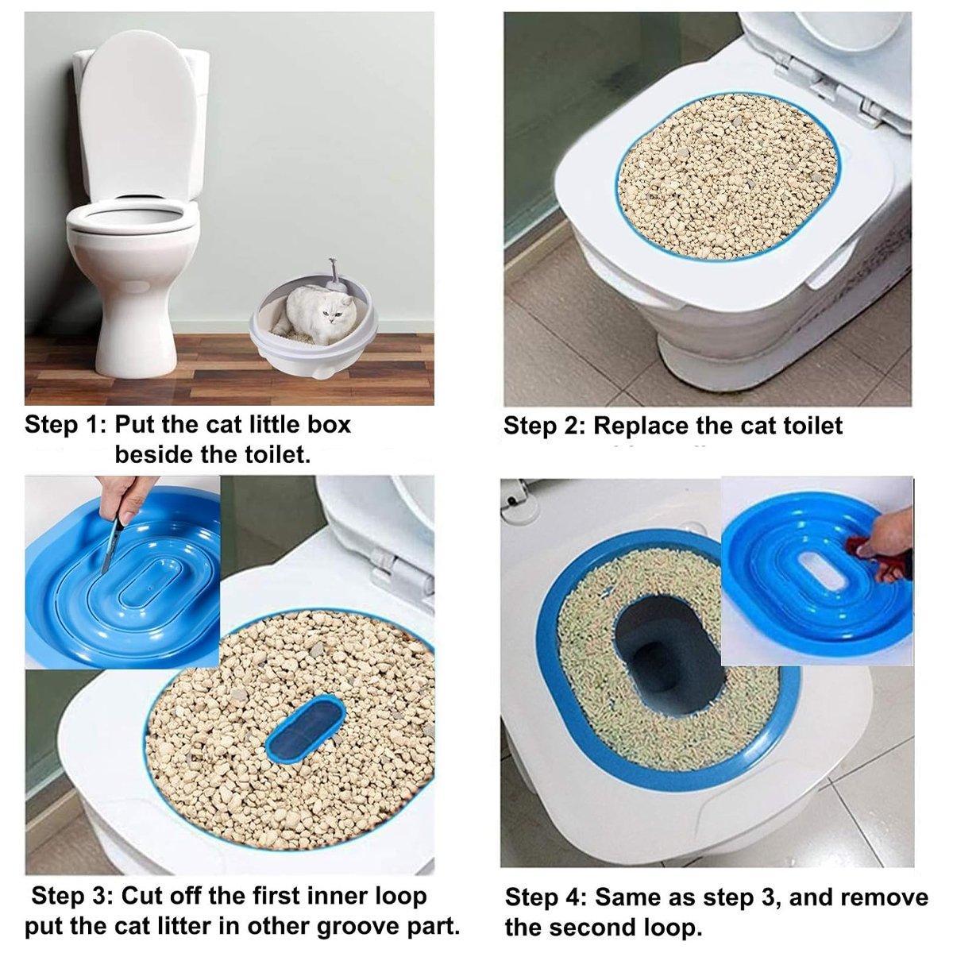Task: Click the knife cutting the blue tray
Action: (x=111, y=540)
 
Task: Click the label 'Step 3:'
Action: (x=71, y=897)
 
